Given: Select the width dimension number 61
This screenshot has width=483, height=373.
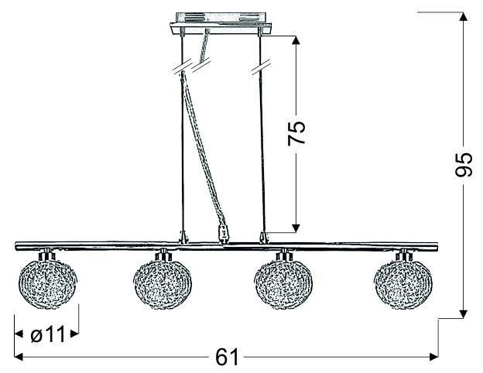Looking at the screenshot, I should pyautogui.click(x=224, y=358).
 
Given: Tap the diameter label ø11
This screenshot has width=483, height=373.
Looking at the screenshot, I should pyautogui.click(x=47, y=335).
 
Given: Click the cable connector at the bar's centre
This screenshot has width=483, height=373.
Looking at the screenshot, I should pyautogui.click(x=224, y=232).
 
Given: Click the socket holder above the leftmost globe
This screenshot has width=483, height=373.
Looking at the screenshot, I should pyautogui.click(x=48, y=255).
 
